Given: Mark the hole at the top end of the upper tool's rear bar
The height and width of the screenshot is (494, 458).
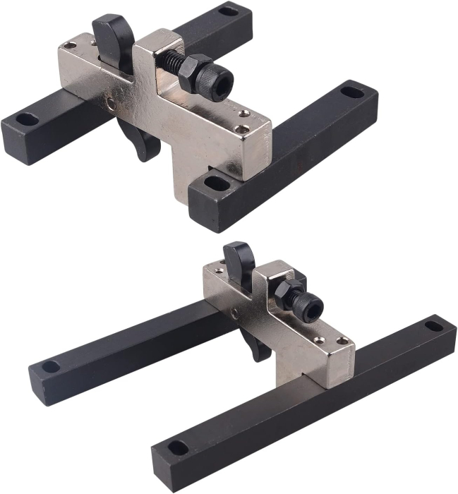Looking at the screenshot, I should [x=227, y=11].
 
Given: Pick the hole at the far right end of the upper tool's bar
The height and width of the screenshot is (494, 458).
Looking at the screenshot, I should [x=351, y=91].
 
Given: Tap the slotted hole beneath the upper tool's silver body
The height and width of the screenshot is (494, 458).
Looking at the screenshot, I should [x=215, y=183].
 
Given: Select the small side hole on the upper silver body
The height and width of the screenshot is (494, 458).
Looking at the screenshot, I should [x=110, y=104].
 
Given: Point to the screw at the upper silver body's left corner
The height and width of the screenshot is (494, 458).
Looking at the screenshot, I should [x=69, y=46].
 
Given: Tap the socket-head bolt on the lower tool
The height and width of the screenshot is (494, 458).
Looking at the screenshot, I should [x=309, y=306].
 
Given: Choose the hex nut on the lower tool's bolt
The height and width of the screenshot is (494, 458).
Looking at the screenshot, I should [x=290, y=295].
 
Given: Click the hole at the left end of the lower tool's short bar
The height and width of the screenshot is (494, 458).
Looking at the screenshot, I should [x=51, y=366].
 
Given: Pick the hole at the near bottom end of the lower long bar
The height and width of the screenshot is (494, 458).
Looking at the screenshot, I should [x=178, y=447].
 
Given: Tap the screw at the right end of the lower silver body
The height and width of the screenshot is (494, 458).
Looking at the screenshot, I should [x=343, y=342].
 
